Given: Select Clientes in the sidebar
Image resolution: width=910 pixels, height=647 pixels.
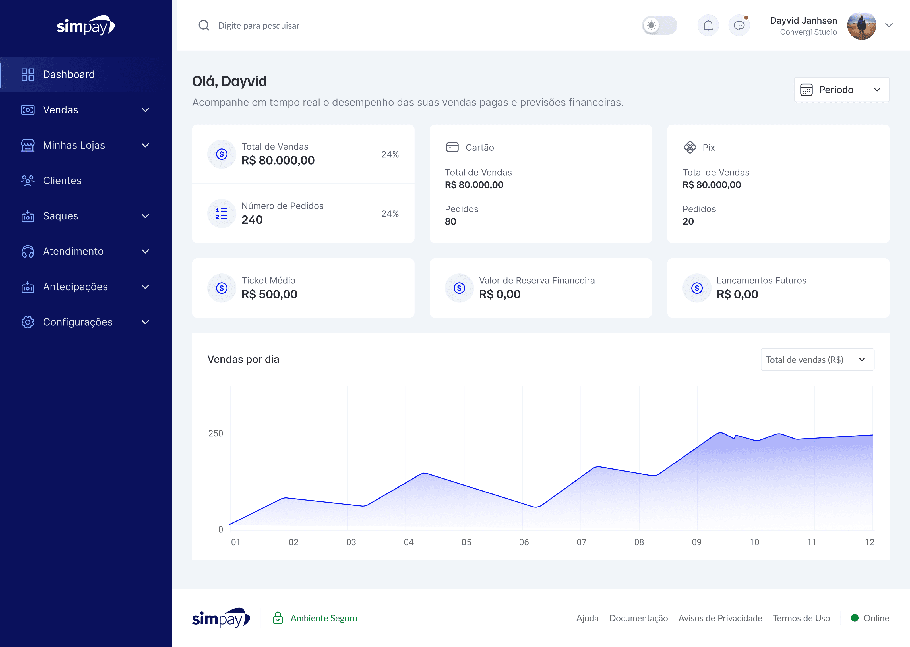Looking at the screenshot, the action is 62,181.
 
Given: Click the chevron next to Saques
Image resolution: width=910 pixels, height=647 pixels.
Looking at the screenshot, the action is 145,216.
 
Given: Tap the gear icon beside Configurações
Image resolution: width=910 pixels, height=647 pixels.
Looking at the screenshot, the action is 28,322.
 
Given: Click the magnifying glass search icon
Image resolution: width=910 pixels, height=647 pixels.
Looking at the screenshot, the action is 204,26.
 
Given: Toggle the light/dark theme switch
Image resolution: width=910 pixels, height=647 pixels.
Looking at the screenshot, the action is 659,26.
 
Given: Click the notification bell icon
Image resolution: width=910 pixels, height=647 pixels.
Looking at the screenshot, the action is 708,26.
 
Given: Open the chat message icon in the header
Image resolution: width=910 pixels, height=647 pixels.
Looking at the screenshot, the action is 739,26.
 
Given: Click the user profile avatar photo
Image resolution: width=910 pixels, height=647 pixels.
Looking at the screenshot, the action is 861,26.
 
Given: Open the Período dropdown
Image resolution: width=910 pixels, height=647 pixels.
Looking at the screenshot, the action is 841,90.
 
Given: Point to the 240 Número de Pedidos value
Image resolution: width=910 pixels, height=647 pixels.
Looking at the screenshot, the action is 252,220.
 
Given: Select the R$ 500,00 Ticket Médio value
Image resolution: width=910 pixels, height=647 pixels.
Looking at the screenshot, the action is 269,295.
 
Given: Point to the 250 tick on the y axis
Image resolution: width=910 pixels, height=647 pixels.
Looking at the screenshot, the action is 216,434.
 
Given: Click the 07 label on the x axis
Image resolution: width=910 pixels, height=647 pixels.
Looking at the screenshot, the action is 581,542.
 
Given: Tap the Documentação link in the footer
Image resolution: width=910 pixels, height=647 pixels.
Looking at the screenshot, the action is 638,618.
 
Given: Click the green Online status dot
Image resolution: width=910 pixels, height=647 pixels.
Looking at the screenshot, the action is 855,618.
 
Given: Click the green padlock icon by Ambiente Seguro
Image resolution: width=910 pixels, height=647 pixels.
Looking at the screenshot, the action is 278,618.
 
